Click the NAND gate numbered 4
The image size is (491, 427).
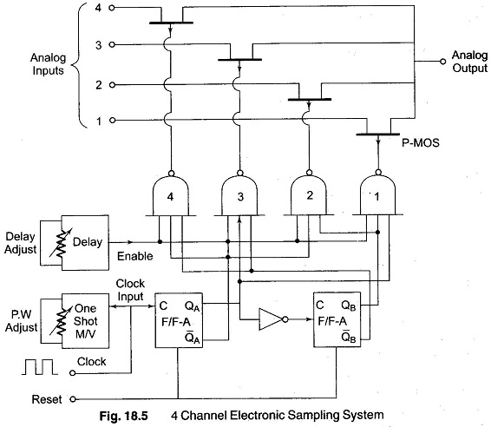coord(170,196)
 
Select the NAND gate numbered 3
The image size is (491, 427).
coord(240,196)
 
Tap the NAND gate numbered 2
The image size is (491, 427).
coord(309,196)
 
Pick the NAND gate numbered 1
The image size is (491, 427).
coord(378,196)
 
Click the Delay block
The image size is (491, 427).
coord(85,242)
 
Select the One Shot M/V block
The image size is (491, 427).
coord(85,321)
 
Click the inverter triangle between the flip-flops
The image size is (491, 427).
coord(272,319)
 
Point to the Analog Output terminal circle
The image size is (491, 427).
coord(442,62)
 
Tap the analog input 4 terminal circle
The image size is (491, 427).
coord(112,8)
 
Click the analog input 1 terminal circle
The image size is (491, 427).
coord(112,121)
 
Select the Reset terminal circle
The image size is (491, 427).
coord(73,399)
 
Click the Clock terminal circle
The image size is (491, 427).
coord(73,373)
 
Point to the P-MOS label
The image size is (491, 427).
coord(421,143)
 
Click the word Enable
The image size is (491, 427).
coord(135,256)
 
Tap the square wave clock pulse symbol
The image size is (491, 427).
coord(40,367)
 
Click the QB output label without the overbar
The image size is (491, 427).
coord(349,305)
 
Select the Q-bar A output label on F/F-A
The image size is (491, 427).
coord(192,338)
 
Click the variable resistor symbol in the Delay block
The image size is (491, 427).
coord(62,242)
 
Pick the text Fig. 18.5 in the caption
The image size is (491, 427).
coord(123,416)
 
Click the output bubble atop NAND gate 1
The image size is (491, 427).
coord(378,173)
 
